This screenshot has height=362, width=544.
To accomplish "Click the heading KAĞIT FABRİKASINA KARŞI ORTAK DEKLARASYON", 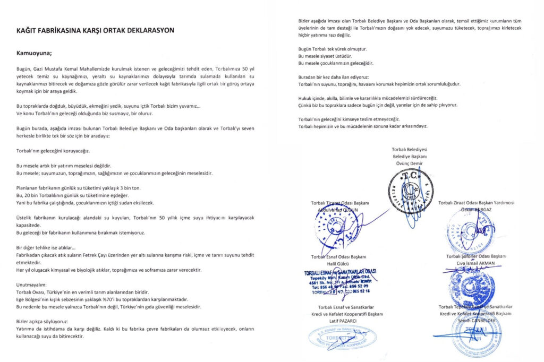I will point(95,30).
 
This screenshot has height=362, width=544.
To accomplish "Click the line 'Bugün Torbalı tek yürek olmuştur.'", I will point(333,49).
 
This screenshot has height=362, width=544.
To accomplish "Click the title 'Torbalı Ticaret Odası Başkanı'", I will point(340,203).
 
